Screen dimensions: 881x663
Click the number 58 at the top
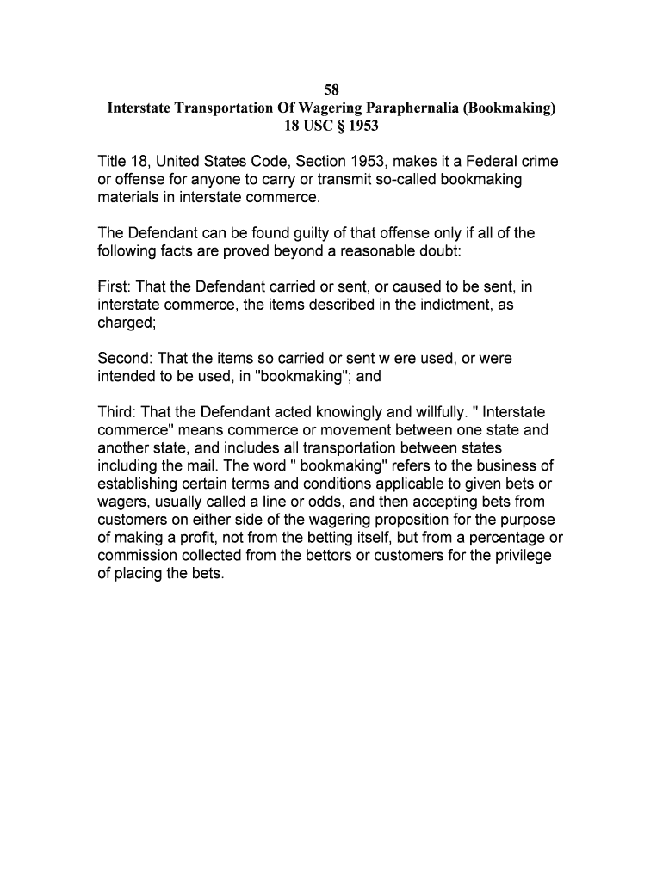point(331,90)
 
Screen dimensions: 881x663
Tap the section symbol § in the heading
point(342,126)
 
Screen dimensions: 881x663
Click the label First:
point(114,286)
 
